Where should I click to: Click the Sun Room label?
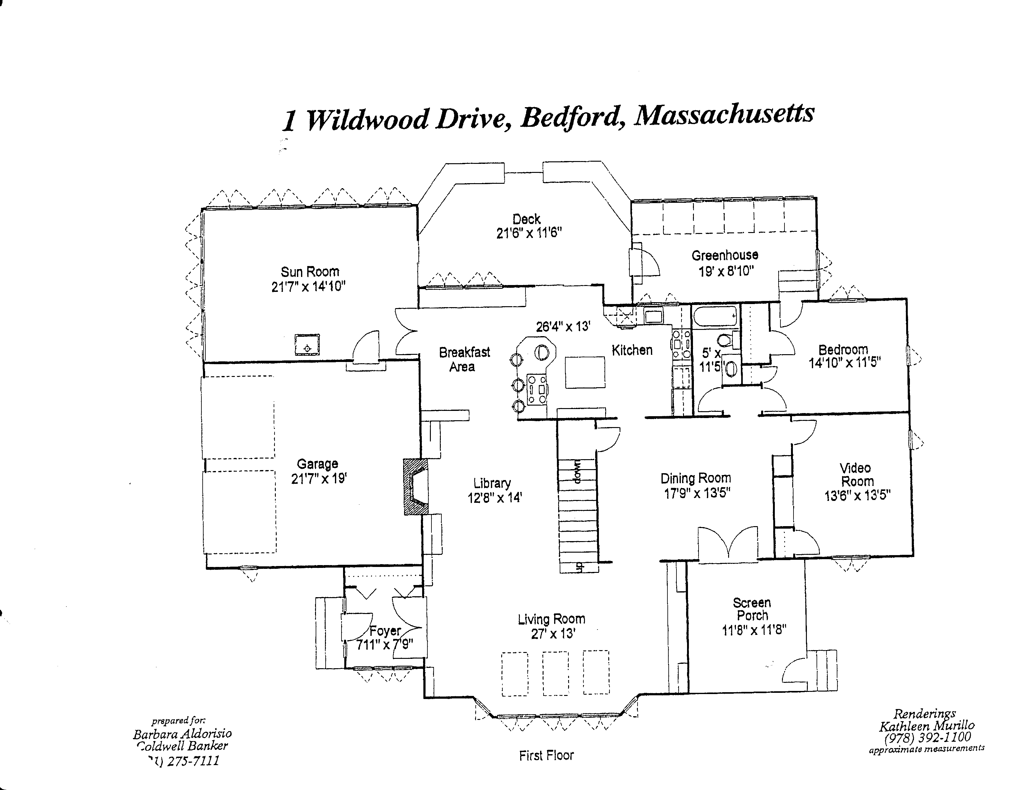tap(310, 272)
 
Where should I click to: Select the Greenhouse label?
tap(724, 255)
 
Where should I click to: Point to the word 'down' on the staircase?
tap(578, 472)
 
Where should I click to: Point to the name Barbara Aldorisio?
tap(182, 734)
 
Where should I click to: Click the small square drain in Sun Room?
tap(307, 345)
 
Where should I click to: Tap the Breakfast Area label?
tap(464, 359)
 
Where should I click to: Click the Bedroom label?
tap(843, 350)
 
